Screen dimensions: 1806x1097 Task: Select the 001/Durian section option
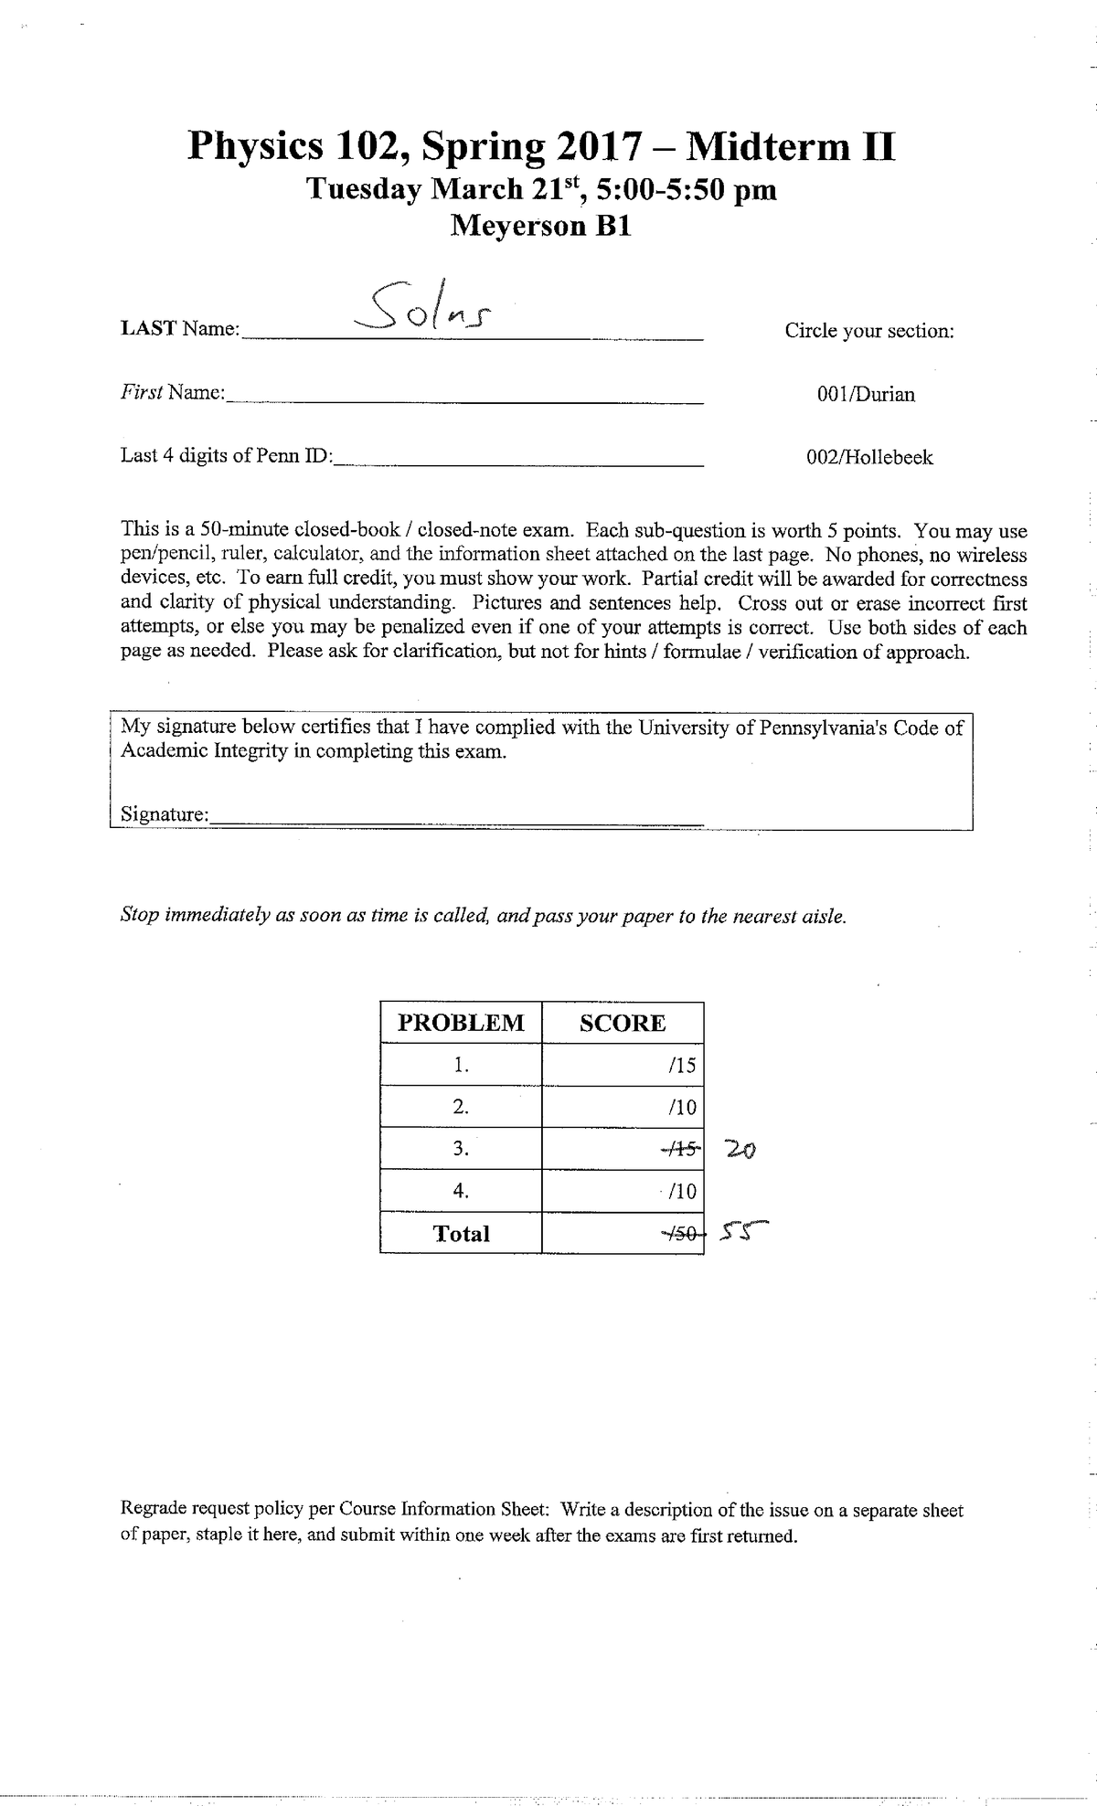[866, 395]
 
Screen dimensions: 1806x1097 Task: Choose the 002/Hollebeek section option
[869, 458]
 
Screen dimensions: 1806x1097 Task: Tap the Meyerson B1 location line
[541, 226]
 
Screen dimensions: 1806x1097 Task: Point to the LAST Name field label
[179, 329]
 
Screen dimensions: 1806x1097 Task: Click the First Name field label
[173, 393]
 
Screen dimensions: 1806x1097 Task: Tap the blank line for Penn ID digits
[518, 460]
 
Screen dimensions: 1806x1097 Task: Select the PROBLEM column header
[461, 1023]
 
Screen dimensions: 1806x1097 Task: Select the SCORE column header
[623, 1023]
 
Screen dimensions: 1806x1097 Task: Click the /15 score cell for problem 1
[682, 1065]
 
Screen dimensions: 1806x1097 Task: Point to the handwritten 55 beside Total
[743, 1234]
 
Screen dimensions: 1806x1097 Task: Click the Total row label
[461, 1234]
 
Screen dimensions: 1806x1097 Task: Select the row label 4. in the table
[461, 1191]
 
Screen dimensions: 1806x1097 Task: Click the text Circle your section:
[868, 331]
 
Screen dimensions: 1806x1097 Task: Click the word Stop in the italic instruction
[140, 916]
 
